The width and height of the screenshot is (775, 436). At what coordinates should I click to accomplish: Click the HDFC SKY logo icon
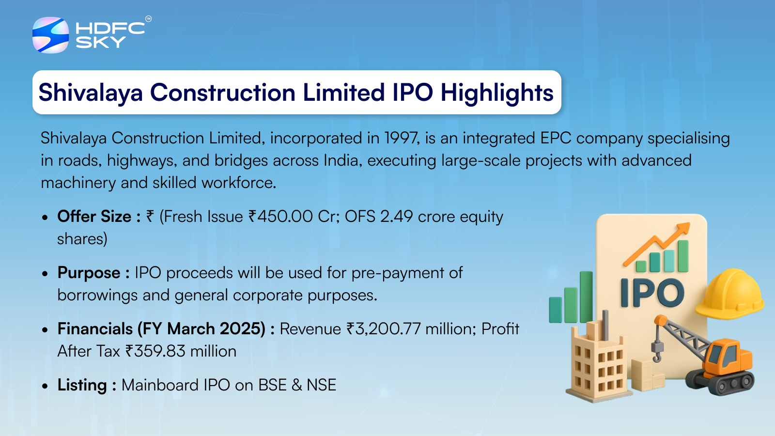pos(50,35)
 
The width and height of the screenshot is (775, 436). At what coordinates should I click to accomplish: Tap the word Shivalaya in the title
pos(91,93)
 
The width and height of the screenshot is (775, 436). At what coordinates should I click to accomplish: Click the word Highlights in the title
pos(497,93)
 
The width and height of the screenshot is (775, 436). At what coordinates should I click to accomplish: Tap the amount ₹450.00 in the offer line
pos(280,217)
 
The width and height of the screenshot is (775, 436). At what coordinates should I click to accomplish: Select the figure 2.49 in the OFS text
pos(397,217)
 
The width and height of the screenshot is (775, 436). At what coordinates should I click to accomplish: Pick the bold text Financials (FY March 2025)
pos(162,329)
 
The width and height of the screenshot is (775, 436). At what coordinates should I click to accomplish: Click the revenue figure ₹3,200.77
pos(383,329)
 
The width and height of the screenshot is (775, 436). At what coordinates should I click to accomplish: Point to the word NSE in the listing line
pos(322,385)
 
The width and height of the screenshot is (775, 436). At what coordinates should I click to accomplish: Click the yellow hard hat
pos(729,294)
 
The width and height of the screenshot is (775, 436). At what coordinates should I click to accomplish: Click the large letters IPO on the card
pos(652,293)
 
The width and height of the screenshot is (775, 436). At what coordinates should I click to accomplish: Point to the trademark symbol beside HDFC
pos(148,19)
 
